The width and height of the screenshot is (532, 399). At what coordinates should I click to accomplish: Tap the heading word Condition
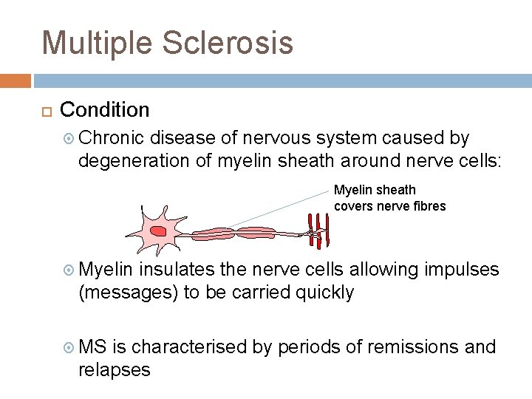pos(104,110)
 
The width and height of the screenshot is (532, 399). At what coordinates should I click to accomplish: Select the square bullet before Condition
pos(47,111)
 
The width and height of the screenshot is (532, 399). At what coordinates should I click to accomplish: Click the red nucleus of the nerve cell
pos(157,231)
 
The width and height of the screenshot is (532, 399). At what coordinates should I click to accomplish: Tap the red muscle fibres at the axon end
pos(318,230)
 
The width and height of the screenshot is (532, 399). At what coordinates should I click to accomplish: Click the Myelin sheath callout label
pos(389,198)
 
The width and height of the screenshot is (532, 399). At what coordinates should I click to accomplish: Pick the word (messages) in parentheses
pos(128,292)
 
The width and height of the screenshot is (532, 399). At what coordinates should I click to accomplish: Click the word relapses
pos(114,369)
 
